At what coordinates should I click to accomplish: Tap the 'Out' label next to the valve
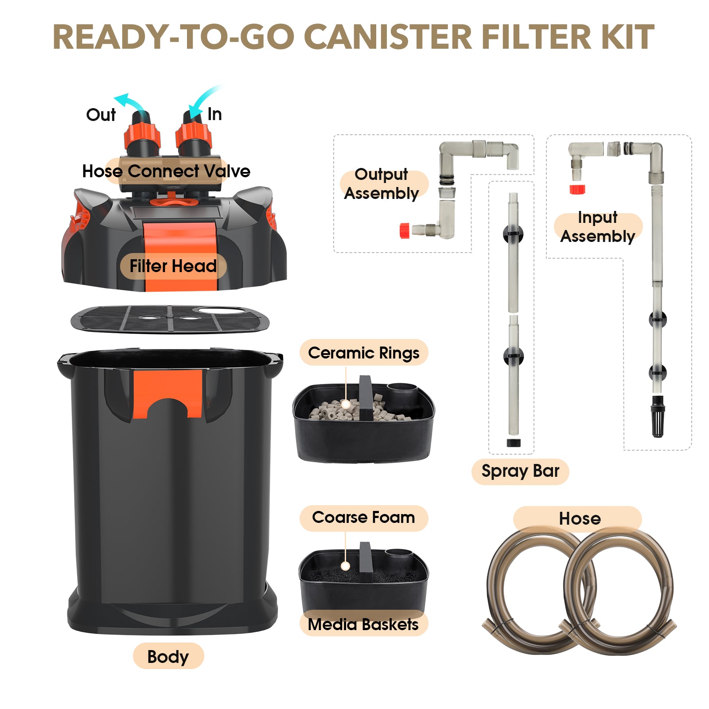101,115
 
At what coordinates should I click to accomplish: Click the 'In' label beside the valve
215,114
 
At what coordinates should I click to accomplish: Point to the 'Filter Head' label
173,266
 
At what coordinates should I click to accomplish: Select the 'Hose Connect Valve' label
166,171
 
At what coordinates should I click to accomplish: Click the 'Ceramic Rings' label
364,353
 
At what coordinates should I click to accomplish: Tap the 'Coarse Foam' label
363,517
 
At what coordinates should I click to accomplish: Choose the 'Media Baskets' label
363,624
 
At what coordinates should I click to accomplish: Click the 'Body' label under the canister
168,657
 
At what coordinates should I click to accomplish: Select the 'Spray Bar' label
520,471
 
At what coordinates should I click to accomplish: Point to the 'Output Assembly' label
382,184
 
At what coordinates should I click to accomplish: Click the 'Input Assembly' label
598,227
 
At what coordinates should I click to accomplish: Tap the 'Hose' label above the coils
580,518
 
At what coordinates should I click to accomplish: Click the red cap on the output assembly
404,231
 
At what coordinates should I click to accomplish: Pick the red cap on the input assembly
577,189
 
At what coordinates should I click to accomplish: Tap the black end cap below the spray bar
514,443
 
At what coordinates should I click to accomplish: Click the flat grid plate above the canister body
170,319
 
